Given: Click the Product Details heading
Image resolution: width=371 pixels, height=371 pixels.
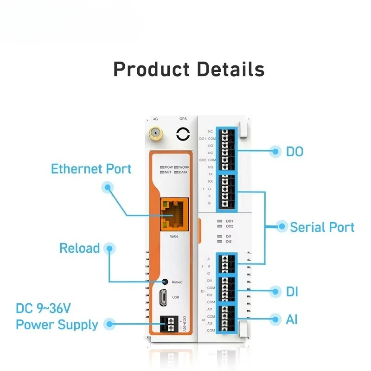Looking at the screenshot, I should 189,69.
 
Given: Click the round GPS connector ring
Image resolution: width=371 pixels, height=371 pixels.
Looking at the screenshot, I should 183,134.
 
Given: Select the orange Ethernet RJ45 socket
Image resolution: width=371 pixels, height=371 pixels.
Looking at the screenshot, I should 174,214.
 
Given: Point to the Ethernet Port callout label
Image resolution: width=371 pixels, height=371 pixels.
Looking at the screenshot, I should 91,169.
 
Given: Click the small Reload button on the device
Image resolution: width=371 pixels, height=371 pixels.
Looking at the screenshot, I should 165,281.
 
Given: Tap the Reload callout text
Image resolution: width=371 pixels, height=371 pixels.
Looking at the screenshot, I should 79,248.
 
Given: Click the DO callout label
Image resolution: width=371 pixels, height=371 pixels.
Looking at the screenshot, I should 294,151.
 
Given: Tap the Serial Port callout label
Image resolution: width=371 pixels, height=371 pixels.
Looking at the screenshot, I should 322,227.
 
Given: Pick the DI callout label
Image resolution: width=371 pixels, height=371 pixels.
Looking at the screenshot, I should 292,292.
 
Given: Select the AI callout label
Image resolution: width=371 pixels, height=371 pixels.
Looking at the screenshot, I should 292,320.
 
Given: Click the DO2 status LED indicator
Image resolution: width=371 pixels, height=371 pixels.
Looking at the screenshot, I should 219,226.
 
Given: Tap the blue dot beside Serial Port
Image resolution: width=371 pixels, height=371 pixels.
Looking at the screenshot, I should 281,227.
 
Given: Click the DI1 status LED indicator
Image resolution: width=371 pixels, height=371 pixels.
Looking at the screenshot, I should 219,237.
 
